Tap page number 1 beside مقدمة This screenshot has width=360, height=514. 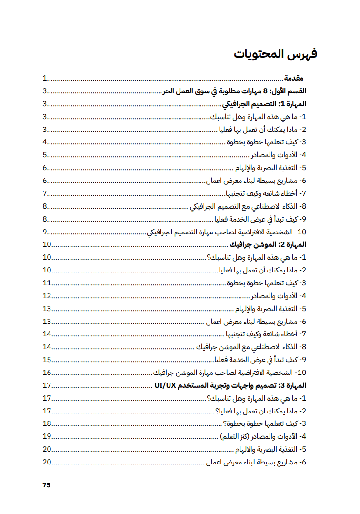[x=44, y=78]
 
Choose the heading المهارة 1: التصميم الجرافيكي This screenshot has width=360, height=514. [x=264, y=104]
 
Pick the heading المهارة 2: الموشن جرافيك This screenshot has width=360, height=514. [x=268, y=244]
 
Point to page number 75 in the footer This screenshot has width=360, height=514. [x=46, y=485]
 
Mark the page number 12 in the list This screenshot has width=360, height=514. [x=47, y=295]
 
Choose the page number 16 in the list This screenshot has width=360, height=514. [x=47, y=372]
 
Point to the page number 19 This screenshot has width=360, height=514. [x=47, y=436]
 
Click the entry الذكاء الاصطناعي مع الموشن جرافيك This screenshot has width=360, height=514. [x=254, y=347]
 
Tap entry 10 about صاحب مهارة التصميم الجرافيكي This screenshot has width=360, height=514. [x=228, y=232]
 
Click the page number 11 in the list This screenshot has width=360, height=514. [x=47, y=282]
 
